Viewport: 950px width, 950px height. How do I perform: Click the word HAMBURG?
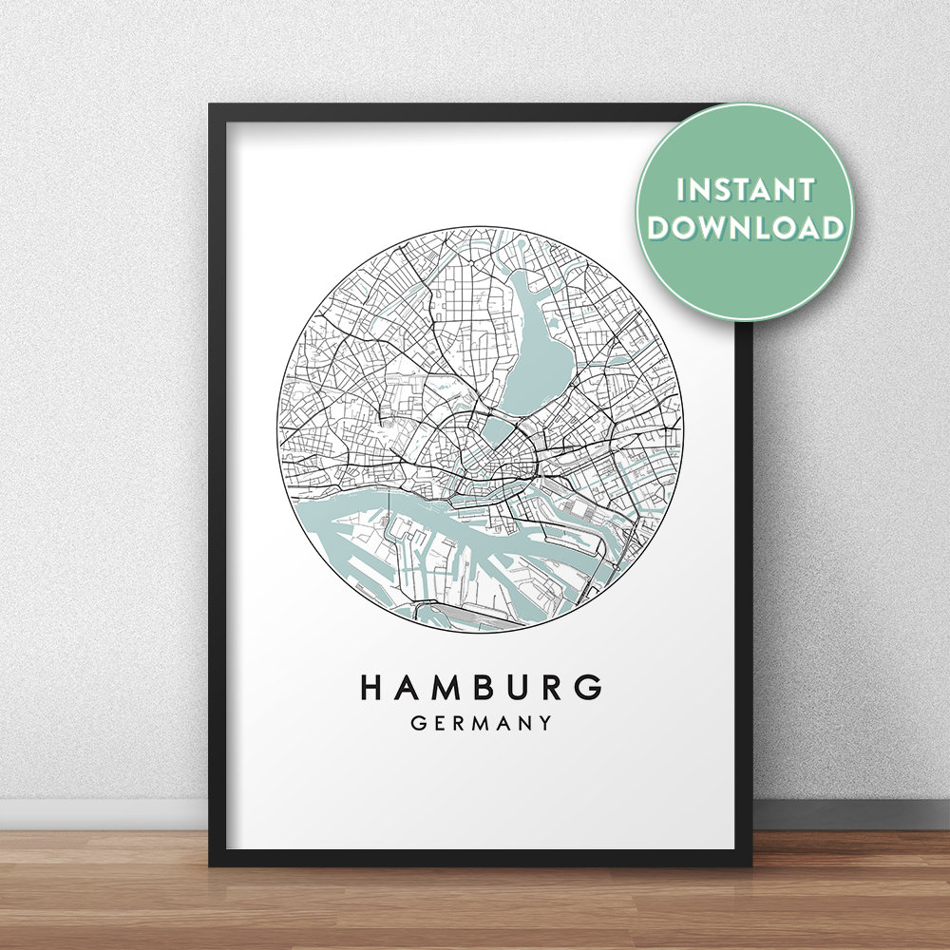tap(482, 687)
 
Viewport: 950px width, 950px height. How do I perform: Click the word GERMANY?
tap(482, 724)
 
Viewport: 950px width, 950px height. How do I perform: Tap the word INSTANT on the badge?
tap(746, 189)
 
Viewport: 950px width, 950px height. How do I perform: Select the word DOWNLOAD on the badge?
tap(747, 228)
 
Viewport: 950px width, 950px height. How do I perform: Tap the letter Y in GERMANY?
tap(544, 724)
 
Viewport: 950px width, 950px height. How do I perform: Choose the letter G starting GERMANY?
tap(418, 724)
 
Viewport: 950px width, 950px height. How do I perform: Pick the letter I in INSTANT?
tap(680, 189)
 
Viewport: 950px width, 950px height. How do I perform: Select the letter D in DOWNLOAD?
tap(662, 228)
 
